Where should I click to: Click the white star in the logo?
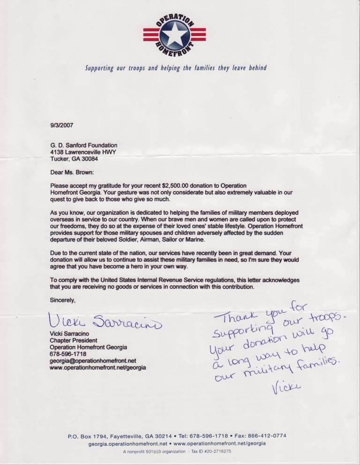(x=174, y=34)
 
